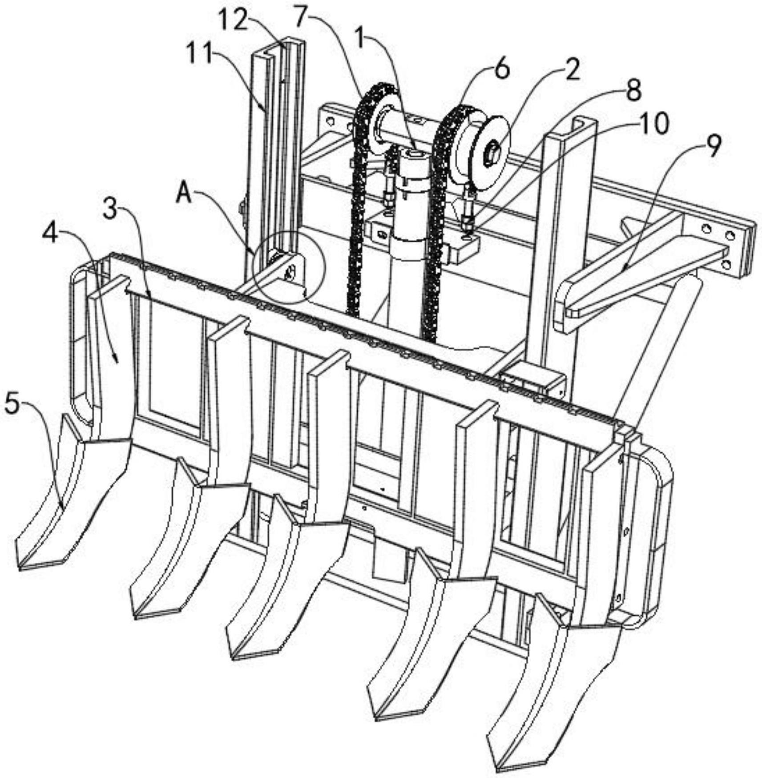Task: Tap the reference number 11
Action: tap(200, 54)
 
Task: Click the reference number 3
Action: tap(110, 208)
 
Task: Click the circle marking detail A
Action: tap(289, 267)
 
